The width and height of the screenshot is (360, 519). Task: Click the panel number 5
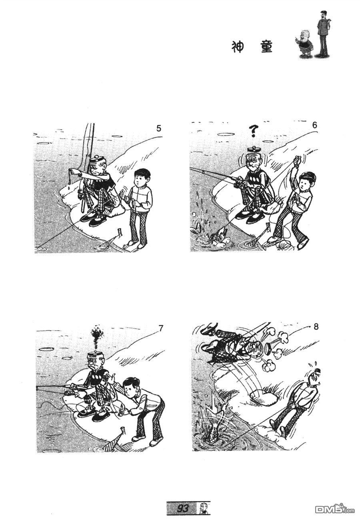pyautogui.click(x=158, y=128)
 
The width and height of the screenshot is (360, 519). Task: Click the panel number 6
pyautogui.click(x=314, y=125)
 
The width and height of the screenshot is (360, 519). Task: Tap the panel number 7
pyautogui.click(x=161, y=328)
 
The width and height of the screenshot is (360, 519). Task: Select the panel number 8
pyautogui.click(x=316, y=327)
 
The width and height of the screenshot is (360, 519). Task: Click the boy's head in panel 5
pyautogui.click(x=142, y=177)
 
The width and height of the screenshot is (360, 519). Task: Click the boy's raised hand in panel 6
pyautogui.click(x=297, y=160)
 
